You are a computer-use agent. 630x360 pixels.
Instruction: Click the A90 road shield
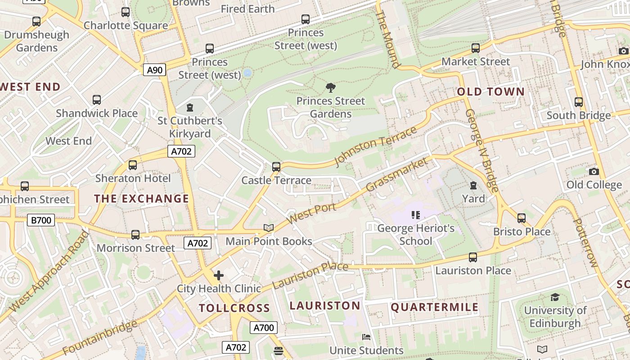pyautogui.click(x=155, y=70)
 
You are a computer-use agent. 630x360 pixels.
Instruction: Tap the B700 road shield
pyautogui.click(x=41, y=220)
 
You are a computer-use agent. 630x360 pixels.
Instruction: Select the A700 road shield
pyautogui.click(x=264, y=328)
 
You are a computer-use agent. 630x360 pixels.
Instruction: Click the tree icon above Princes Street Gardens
pyautogui.click(x=330, y=87)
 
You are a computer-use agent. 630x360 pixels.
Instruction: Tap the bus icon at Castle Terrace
pyautogui.click(x=276, y=167)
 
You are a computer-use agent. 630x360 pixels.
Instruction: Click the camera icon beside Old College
pyautogui.click(x=594, y=171)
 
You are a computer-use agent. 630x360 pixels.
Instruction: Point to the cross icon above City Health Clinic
pyautogui.click(x=219, y=275)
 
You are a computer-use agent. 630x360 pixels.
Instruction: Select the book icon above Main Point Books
pyautogui.click(x=269, y=228)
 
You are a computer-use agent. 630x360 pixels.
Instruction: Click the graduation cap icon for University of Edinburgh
pyautogui.click(x=555, y=297)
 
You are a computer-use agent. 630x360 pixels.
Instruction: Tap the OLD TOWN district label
pyautogui.click(x=491, y=92)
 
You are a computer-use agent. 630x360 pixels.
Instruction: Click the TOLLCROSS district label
pyautogui.click(x=234, y=308)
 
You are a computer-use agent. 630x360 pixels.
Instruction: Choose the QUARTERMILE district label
pyautogui.click(x=435, y=307)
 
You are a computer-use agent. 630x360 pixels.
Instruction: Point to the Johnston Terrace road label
pyautogui.click(x=376, y=146)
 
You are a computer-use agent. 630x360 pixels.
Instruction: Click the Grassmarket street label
pyautogui.click(x=396, y=174)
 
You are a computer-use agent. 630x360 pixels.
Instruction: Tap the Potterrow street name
pyautogui.click(x=585, y=243)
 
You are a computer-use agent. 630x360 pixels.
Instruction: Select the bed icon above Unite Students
pyautogui.click(x=366, y=337)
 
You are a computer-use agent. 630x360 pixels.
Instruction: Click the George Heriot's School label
pyautogui.click(x=416, y=234)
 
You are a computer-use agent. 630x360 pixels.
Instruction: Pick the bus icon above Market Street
pyautogui.click(x=476, y=48)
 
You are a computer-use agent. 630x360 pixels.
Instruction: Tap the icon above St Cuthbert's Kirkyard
pyautogui.click(x=190, y=108)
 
